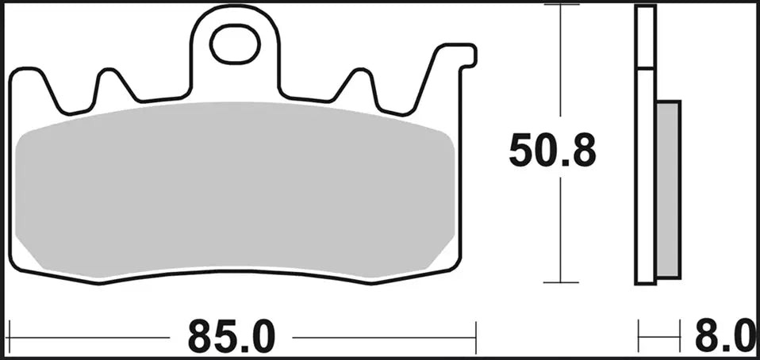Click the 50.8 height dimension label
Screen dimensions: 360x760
551,151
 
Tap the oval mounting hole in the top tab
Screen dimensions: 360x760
236,44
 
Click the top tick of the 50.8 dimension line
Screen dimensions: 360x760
562,5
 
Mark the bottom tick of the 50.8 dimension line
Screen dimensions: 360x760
562,282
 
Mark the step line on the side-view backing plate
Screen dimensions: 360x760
646,70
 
